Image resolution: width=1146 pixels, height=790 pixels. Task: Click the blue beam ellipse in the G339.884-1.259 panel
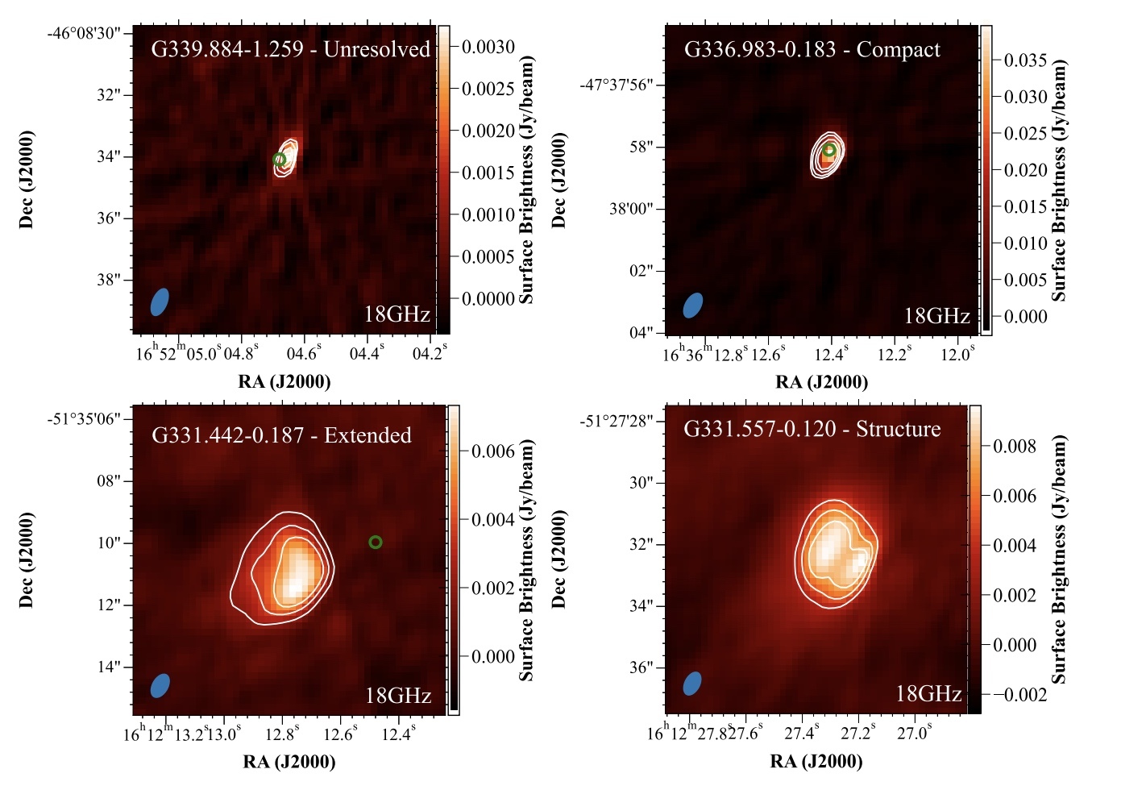160,301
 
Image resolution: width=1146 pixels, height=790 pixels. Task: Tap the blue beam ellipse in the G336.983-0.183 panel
693,306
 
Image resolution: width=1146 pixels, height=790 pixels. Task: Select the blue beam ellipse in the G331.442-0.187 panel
160,685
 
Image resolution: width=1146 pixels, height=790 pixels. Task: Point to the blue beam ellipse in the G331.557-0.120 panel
692,683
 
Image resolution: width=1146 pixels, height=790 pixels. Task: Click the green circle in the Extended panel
375,543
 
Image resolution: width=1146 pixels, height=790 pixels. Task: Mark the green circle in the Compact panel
829,149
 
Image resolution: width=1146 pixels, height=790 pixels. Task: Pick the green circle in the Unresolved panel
279,160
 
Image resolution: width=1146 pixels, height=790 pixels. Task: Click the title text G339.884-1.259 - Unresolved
291,49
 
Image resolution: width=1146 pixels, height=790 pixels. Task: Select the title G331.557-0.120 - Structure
812,429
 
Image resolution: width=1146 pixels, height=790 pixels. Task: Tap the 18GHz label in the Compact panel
936,316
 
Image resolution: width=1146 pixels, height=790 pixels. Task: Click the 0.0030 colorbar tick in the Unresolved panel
488,47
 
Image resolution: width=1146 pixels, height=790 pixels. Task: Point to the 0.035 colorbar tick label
1025,60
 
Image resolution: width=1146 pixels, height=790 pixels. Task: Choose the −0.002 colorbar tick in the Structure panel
1018,694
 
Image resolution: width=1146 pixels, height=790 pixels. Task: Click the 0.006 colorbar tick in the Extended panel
493,451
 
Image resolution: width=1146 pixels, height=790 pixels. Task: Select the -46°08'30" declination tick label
84,33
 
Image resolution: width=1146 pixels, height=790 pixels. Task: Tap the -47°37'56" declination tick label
617,85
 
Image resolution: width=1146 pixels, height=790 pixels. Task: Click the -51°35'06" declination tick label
84,418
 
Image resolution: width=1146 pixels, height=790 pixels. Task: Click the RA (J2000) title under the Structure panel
816,761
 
